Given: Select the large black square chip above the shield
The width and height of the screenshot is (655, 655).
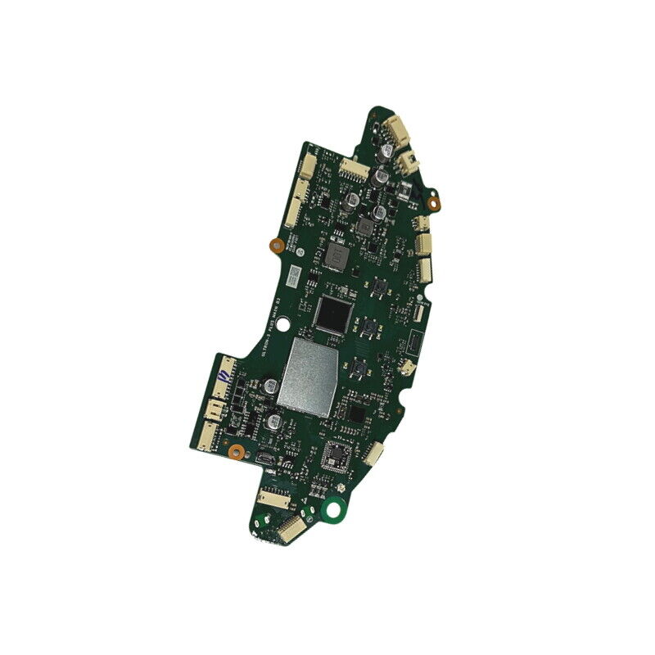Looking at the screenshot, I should [332, 314].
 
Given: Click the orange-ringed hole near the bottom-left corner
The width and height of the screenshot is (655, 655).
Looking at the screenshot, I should [236, 450].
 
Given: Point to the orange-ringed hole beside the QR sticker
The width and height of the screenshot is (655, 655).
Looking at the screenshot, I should [276, 244].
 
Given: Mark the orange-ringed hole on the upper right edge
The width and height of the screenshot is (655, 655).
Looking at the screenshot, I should [436, 199].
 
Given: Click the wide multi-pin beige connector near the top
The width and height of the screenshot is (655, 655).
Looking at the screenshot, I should [355, 169].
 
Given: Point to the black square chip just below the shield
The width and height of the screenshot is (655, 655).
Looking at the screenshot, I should [354, 413].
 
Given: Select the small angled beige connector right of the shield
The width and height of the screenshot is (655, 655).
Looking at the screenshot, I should [407, 368].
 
